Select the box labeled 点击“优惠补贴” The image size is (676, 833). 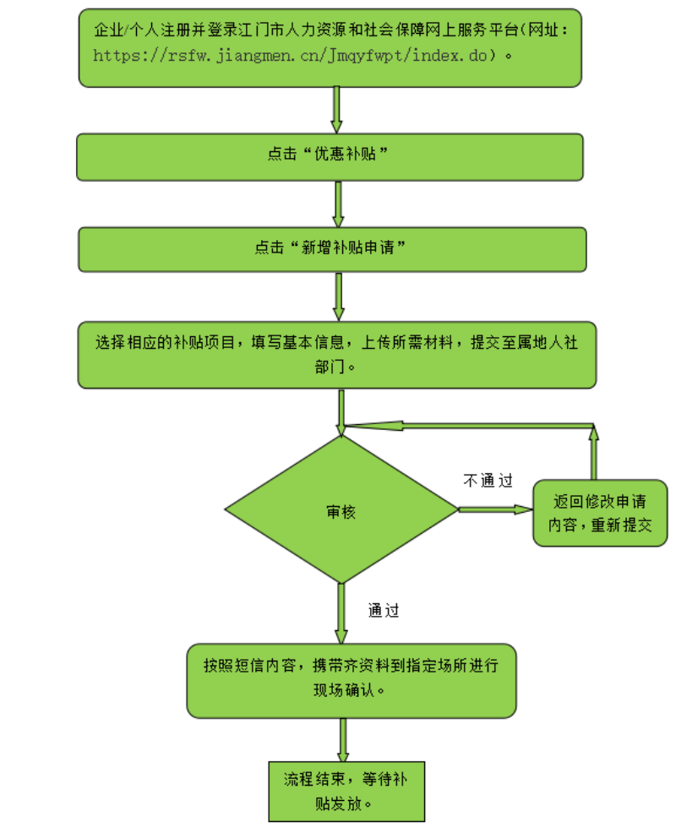coord(330,156)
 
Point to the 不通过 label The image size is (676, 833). coord(488,481)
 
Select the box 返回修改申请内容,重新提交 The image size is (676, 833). coord(600,512)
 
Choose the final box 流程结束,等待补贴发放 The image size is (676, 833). coord(346,791)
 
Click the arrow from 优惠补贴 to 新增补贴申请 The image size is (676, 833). coord(339,204)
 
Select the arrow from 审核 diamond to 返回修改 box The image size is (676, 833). coord(495,509)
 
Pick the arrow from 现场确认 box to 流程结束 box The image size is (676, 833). coord(343,741)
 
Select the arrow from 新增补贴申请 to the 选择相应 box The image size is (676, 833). coord(339,296)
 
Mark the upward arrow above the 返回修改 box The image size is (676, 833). coord(593,453)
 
